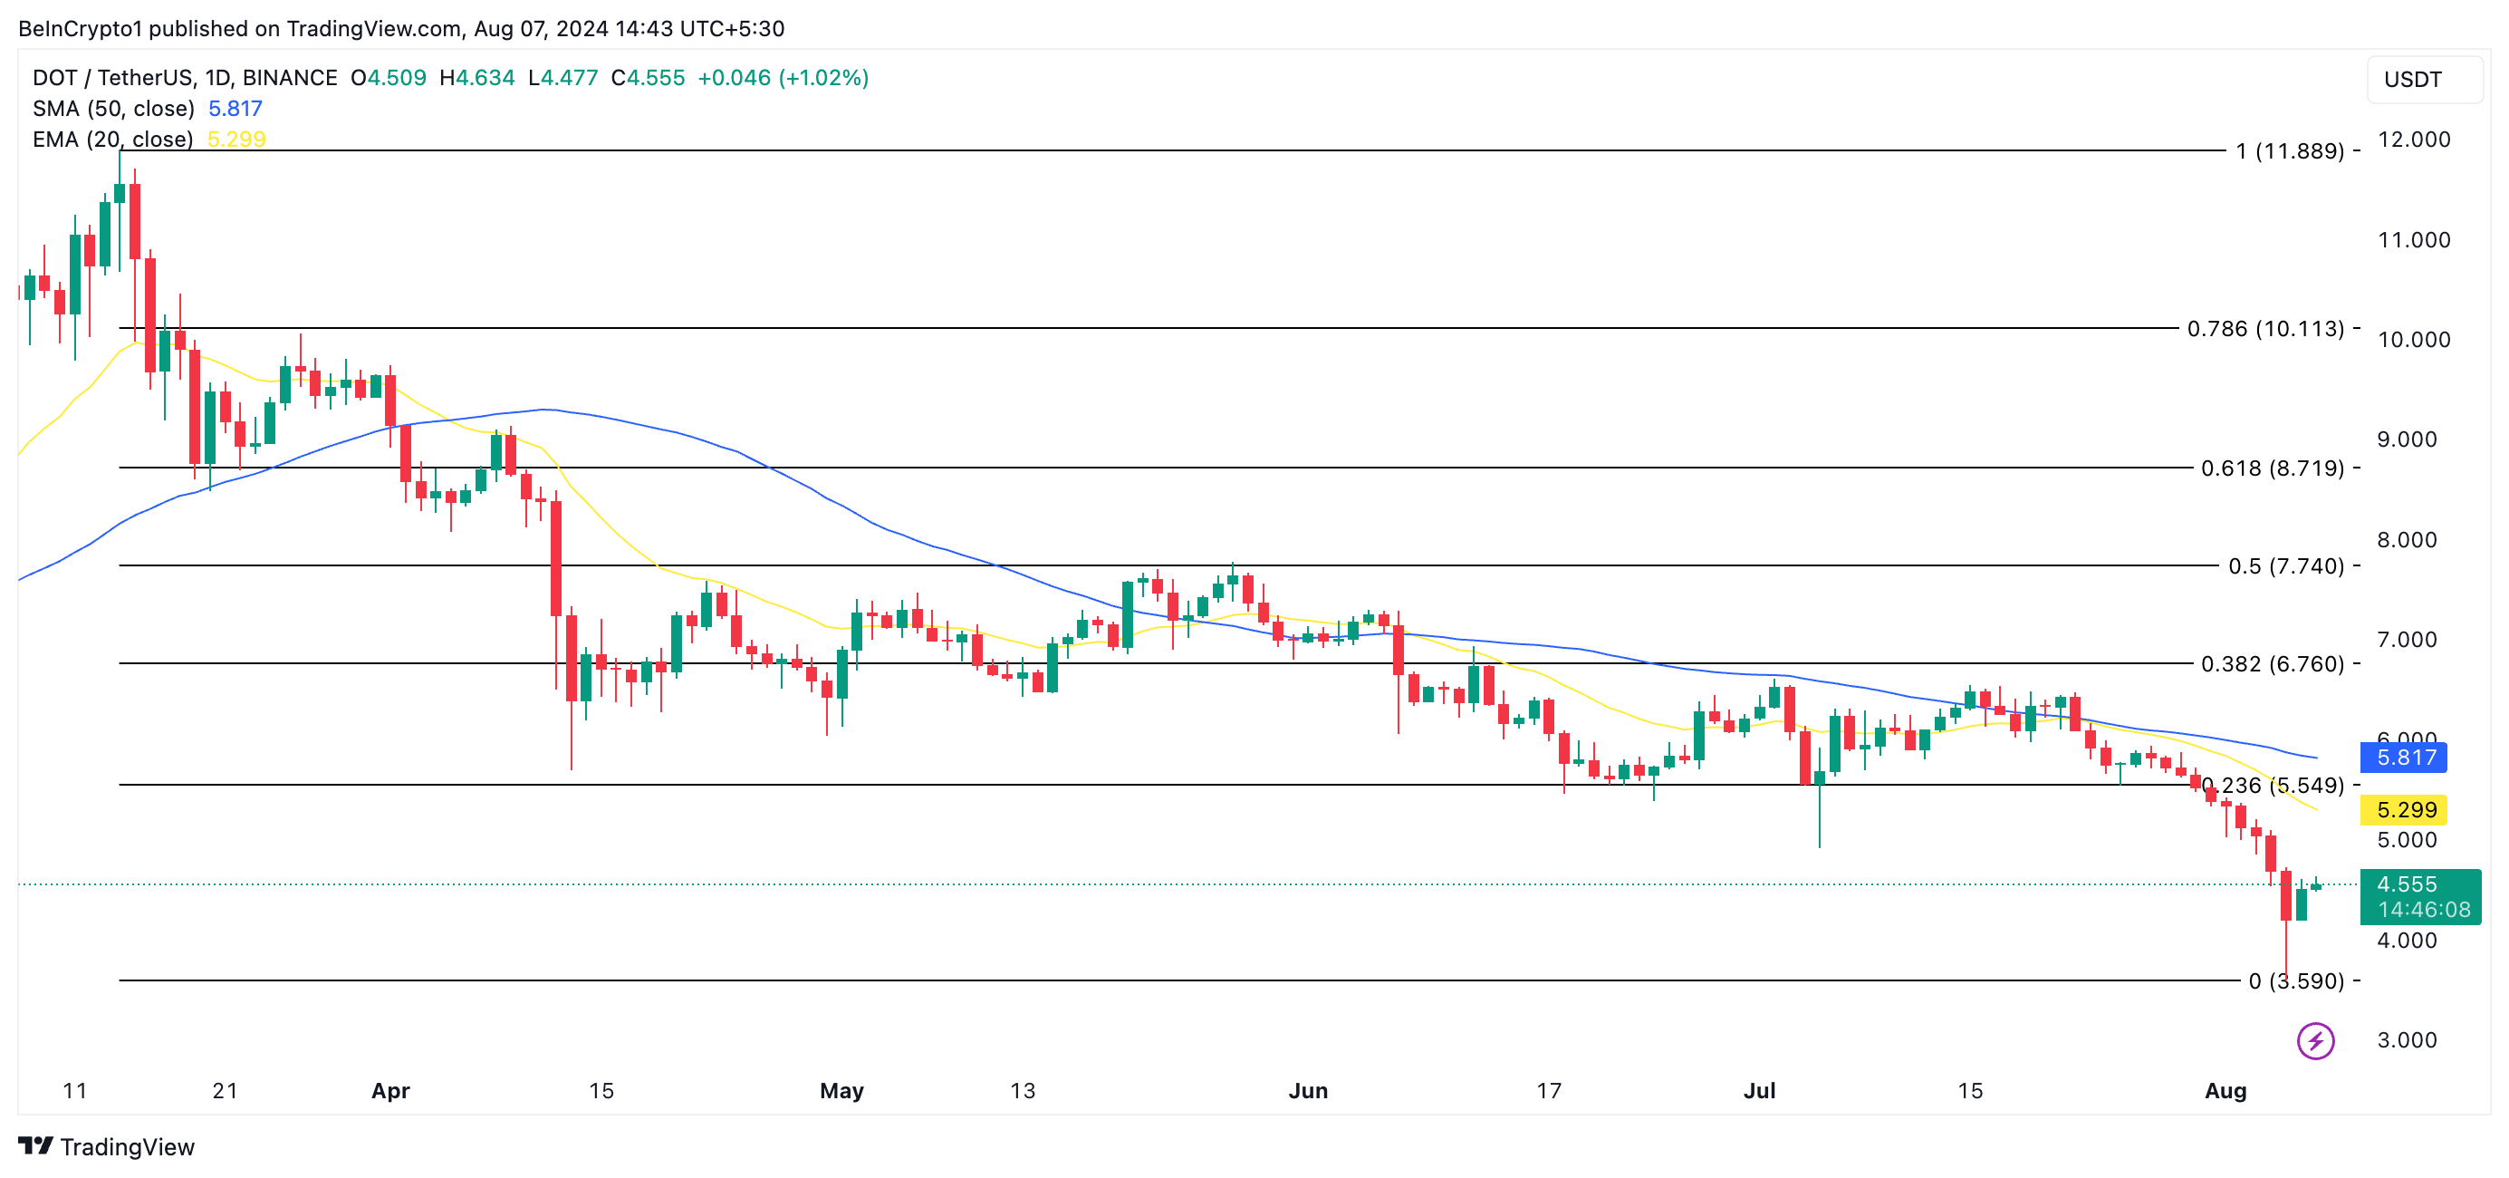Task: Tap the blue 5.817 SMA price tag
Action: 2403,757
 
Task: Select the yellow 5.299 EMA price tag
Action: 2403,810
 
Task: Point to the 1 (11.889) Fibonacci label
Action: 2289,151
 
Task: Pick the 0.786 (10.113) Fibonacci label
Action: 2264,328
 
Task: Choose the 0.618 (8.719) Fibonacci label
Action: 2272,468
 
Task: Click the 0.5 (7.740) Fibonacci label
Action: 2285,566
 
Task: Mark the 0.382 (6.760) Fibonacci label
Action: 2272,663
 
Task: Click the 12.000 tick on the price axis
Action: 2414,140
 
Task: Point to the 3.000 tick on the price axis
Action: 2406,1039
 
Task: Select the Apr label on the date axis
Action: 390,1090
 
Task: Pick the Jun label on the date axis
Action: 1307,1090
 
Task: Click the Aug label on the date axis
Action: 2225,1090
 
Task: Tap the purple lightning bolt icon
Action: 2314,1040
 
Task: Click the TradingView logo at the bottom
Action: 107,1147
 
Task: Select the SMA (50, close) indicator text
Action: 113,108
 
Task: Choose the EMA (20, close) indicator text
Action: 113,140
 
